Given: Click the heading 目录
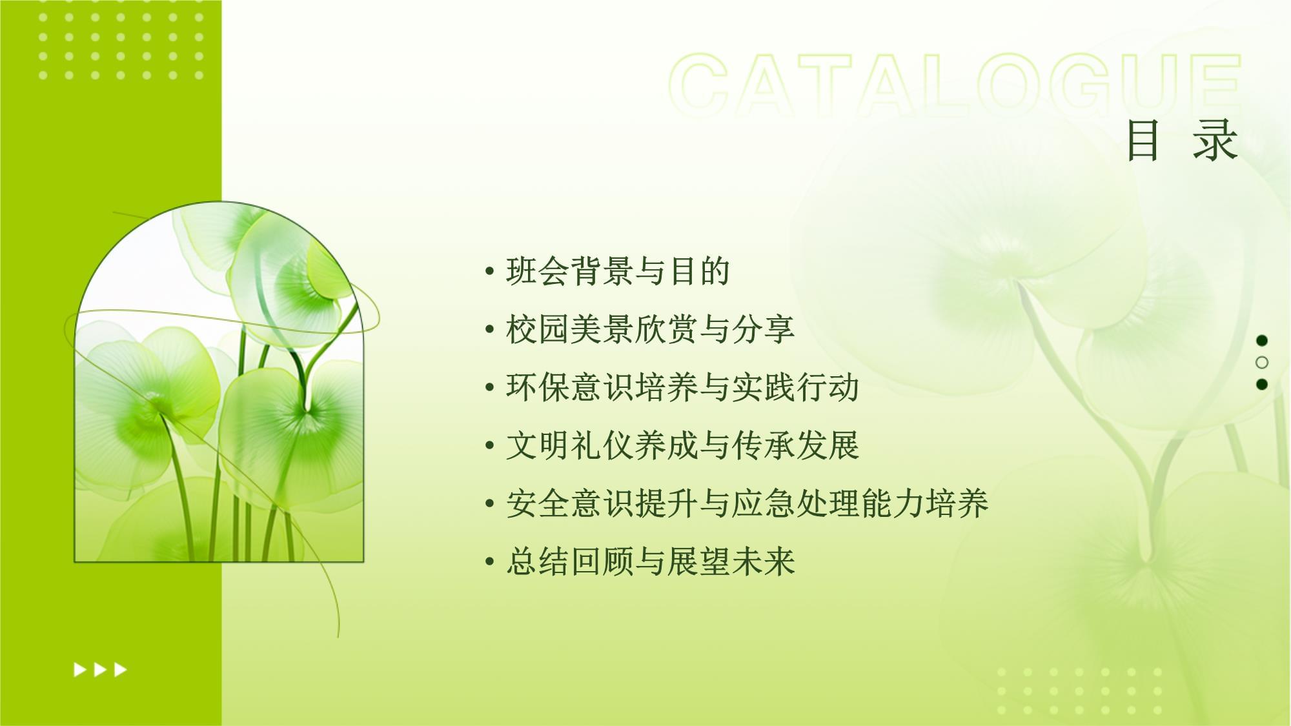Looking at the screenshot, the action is click(x=1182, y=140).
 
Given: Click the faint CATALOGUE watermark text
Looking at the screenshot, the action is click(x=955, y=85).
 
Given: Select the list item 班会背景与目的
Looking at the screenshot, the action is click(x=618, y=271).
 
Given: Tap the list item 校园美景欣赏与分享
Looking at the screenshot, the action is click(x=650, y=329).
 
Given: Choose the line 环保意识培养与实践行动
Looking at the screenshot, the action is click(x=682, y=387).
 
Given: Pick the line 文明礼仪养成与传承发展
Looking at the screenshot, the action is click(x=682, y=445).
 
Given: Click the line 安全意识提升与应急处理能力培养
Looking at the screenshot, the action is click(x=747, y=503).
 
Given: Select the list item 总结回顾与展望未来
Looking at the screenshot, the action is click(x=650, y=561).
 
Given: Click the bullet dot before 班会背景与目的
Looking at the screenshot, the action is click(x=490, y=272).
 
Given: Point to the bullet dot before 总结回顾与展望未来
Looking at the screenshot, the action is click(x=490, y=562).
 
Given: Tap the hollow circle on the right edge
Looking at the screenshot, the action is click(x=1262, y=362).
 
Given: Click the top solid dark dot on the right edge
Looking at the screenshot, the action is click(x=1262, y=340).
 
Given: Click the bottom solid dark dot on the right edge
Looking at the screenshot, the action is click(x=1262, y=384).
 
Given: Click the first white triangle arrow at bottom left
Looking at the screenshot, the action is click(x=80, y=670).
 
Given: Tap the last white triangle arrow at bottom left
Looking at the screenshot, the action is click(x=120, y=670).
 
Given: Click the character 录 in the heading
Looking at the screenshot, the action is click(x=1215, y=140).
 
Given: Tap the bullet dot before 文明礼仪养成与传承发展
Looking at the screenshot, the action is click(x=490, y=446).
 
